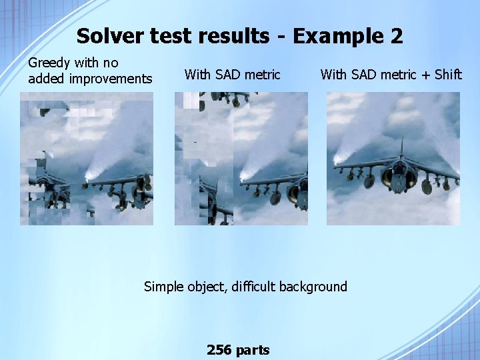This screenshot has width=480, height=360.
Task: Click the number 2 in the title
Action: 397,36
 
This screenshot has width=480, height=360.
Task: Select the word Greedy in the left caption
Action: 49,63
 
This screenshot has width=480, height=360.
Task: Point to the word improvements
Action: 111,79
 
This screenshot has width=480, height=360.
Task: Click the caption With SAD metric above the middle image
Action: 232,75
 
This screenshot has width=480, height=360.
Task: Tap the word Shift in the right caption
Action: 448,75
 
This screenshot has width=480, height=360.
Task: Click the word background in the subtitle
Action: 313,287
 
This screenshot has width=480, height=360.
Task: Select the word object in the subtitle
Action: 207,287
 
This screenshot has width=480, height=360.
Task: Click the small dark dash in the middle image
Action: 195,143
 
